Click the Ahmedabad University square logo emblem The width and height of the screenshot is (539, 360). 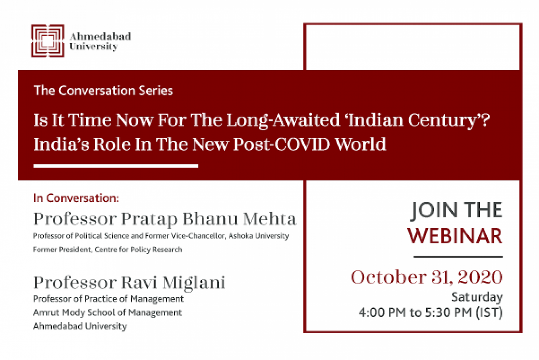point(48,41)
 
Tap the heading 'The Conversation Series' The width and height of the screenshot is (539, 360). point(104,91)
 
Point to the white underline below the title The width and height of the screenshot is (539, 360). point(116,166)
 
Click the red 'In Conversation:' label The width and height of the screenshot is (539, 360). point(76,198)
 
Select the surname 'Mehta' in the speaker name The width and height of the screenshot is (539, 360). point(269,219)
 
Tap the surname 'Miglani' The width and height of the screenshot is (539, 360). point(194,283)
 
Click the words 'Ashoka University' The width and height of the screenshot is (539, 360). point(259,236)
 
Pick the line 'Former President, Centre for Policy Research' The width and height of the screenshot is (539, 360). point(107,249)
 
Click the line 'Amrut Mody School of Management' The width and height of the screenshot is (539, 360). point(107,313)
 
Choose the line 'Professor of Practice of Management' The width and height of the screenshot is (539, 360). point(109,299)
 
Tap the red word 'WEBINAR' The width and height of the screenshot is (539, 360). point(455,236)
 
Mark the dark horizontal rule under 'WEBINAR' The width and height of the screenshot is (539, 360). point(458,257)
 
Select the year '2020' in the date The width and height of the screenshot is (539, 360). point(480,277)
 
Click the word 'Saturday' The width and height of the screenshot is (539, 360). point(477,297)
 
